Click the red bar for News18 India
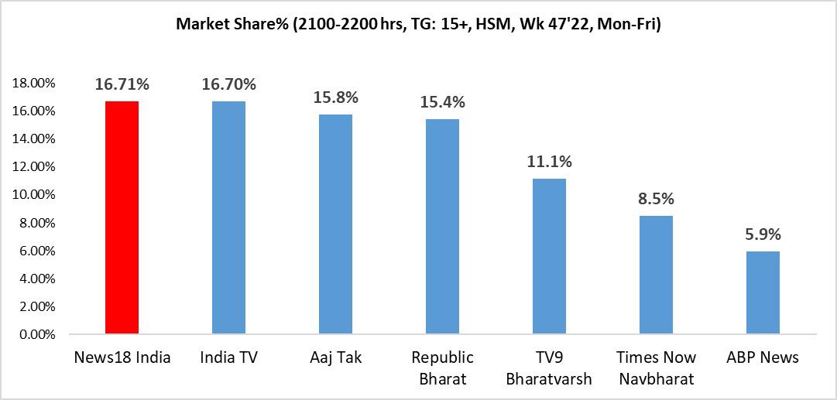pyautogui.click(x=122, y=218)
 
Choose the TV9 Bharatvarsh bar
pyautogui.click(x=549, y=257)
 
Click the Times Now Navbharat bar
pyautogui.click(x=656, y=275)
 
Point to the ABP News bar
pyautogui.click(x=763, y=293)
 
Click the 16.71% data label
pyautogui.click(x=122, y=84)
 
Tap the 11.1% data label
pyautogui.click(x=549, y=162)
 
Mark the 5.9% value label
pyautogui.click(x=763, y=234)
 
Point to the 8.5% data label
pyautogui.click(x=656, y=198)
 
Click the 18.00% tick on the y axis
pyautogui.click(x=33, y=84)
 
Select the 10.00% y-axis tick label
pyautogui.click(x=33, y=195)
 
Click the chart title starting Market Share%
pyautogui.click(x=417, y=25)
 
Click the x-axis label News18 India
pyautogui.click(x=122, y=357)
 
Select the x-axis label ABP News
pyautogui.click(x=763, y=357)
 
